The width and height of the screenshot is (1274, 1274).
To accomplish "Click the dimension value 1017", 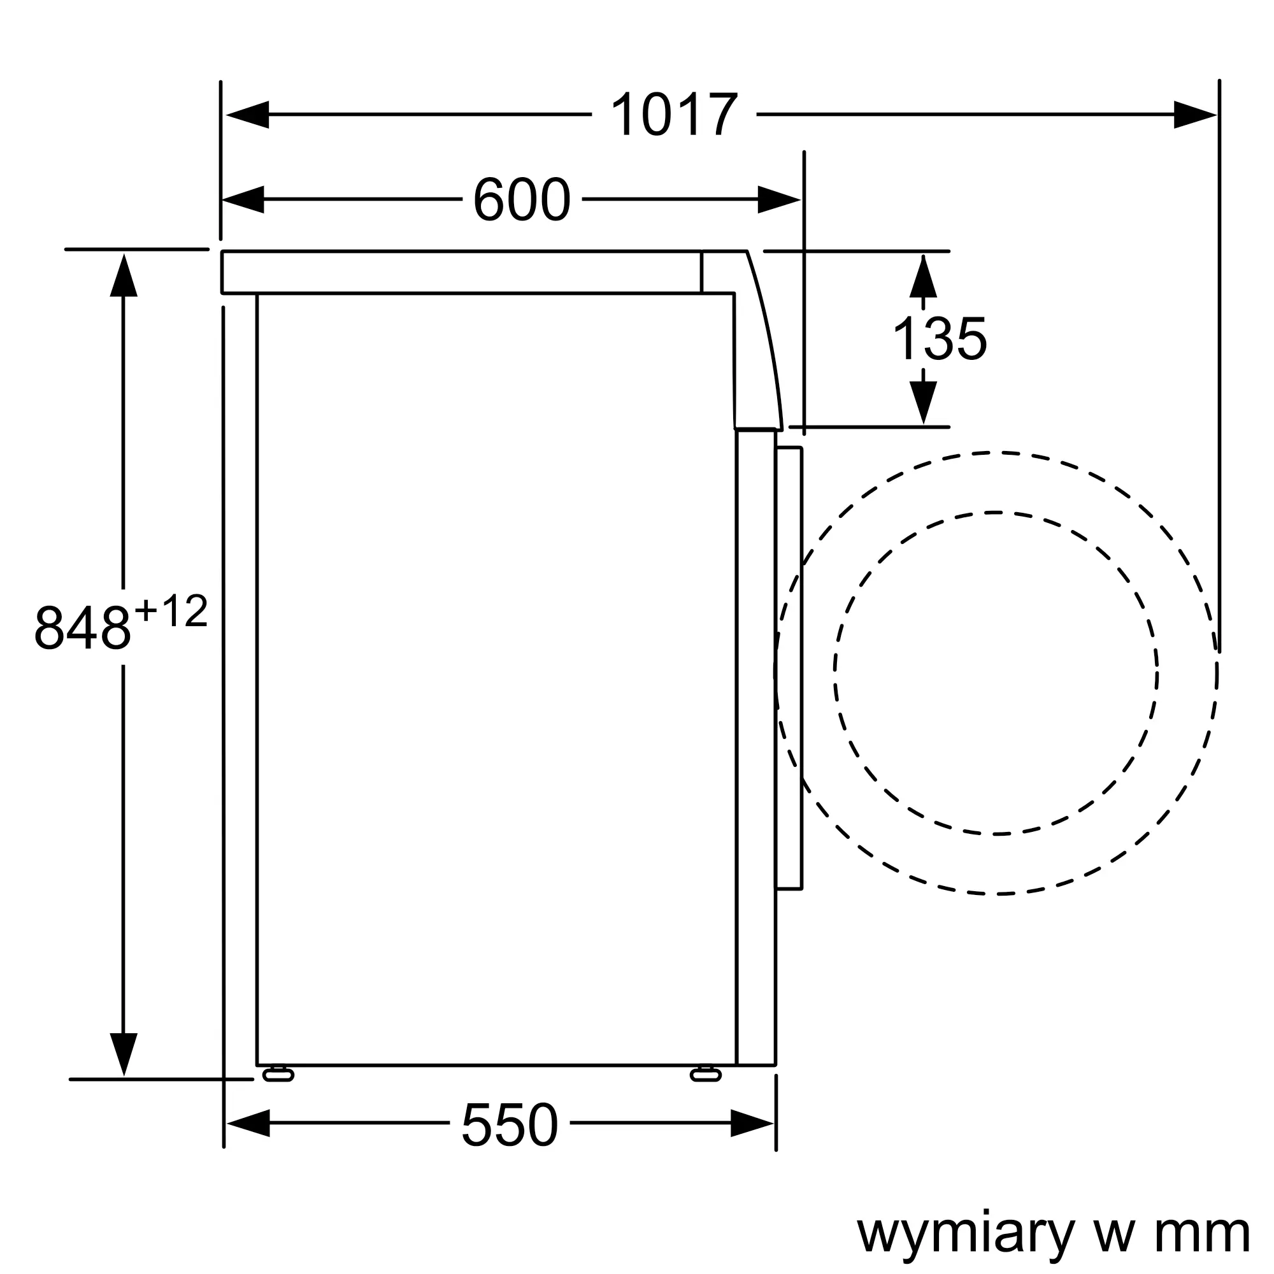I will coord(673,115).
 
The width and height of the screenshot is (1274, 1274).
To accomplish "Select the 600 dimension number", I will coord(521,199).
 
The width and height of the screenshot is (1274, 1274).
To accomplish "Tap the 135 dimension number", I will coord(939,339).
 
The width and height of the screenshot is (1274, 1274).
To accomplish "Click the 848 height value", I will coord(82,627).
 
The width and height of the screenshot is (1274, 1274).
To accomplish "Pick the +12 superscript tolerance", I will coord(171,611).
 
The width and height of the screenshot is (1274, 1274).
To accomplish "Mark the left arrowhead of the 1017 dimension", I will coord(247,115).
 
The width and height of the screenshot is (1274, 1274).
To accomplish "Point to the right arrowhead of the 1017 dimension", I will coord(1195,115).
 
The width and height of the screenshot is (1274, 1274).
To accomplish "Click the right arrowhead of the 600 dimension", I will coord(779,199).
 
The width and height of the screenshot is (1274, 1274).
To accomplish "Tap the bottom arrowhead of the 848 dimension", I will coord(124,1054).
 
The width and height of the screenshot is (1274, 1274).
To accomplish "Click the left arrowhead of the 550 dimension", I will coord(248,1123).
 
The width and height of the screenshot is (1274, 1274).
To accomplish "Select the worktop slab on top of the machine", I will coord(462,273).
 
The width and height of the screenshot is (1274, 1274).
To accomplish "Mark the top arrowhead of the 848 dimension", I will coord(124,276).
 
